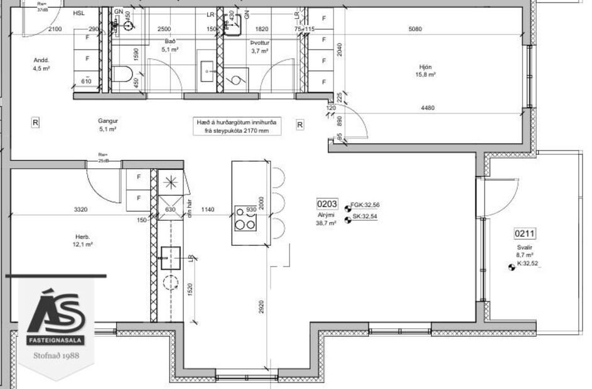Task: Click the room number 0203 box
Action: [327, 204]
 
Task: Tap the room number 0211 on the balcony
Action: [524, 235]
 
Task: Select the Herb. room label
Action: [83, 237]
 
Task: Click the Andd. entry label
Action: [41, 61]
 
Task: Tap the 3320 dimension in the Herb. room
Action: [81, 210]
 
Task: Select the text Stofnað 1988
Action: [56, 354]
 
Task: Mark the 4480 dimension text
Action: [428, 107]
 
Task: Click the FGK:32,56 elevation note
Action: [366, 205]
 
